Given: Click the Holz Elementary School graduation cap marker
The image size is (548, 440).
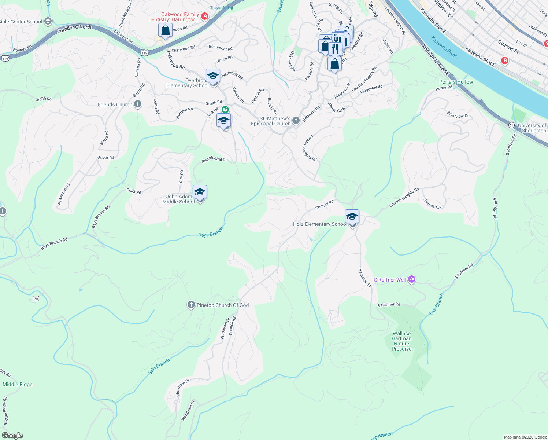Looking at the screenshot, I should (x=352, y=217).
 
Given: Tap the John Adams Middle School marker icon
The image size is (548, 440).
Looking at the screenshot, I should (x=200, y=192).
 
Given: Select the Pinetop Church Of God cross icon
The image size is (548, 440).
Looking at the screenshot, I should (x=191, y=305).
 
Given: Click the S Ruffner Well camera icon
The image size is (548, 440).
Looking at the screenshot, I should (x=412, y=280).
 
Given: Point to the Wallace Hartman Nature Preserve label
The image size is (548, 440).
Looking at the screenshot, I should (x=401, y=341).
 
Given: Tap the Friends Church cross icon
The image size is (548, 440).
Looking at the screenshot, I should (x=138, y=104).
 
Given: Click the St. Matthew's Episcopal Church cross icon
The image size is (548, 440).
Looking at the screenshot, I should (x=296, y=121).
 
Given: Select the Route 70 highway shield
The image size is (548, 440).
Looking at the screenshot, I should (x=36, y=299).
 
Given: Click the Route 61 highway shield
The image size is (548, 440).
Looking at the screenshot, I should (x=511, y=125).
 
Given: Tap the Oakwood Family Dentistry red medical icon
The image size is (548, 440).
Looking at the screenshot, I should (x=205, y=16).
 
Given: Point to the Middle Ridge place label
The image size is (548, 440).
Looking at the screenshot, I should (x=18, y=384).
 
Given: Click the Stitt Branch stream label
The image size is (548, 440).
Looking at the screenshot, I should (x=159, y=366).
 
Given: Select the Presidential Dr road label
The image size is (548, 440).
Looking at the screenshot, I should (x=214, y=159).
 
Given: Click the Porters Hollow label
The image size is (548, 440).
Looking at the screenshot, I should (x=456, y=82).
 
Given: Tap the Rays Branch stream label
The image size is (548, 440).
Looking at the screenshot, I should (x=211, y=232).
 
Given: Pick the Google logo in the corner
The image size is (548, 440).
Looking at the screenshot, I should (x=12, y=436).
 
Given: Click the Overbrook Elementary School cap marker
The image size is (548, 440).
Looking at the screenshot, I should (x=213, y=76).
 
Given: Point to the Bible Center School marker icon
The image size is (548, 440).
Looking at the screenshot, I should (x=48, y=22).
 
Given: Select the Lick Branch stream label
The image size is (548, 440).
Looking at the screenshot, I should (x=437, y=304).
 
